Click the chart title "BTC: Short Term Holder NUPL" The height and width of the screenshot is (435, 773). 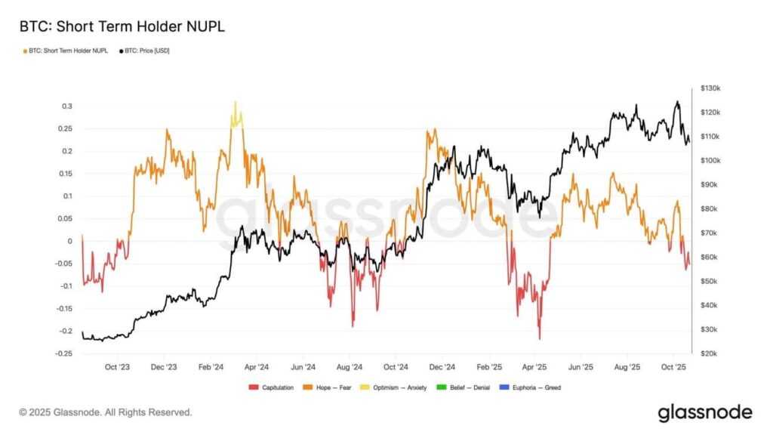122,26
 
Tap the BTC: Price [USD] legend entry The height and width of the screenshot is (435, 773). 143,51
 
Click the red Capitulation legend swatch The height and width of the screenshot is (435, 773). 253,387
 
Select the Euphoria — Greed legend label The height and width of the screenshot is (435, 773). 537,387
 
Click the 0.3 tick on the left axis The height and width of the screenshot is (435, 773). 67,106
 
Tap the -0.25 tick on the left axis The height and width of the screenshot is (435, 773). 64,353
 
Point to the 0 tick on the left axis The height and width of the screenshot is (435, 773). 70,241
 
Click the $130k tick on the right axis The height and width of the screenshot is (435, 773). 712,88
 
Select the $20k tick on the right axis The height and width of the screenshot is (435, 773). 710,353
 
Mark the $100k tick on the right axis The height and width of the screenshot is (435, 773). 712,161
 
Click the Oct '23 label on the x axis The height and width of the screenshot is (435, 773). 117,367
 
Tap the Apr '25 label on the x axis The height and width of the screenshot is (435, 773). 535,367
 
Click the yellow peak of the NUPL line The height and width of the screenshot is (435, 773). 235,103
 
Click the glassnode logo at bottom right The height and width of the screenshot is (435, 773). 704,412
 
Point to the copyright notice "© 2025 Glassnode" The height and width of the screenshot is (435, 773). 106,412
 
